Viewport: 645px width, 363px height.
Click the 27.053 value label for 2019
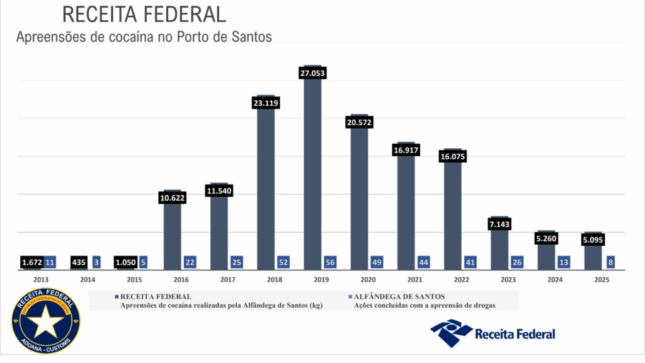312,74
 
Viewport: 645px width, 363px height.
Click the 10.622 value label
173,198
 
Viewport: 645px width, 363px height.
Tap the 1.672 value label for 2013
31,262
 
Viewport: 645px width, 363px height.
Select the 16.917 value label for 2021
406,151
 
